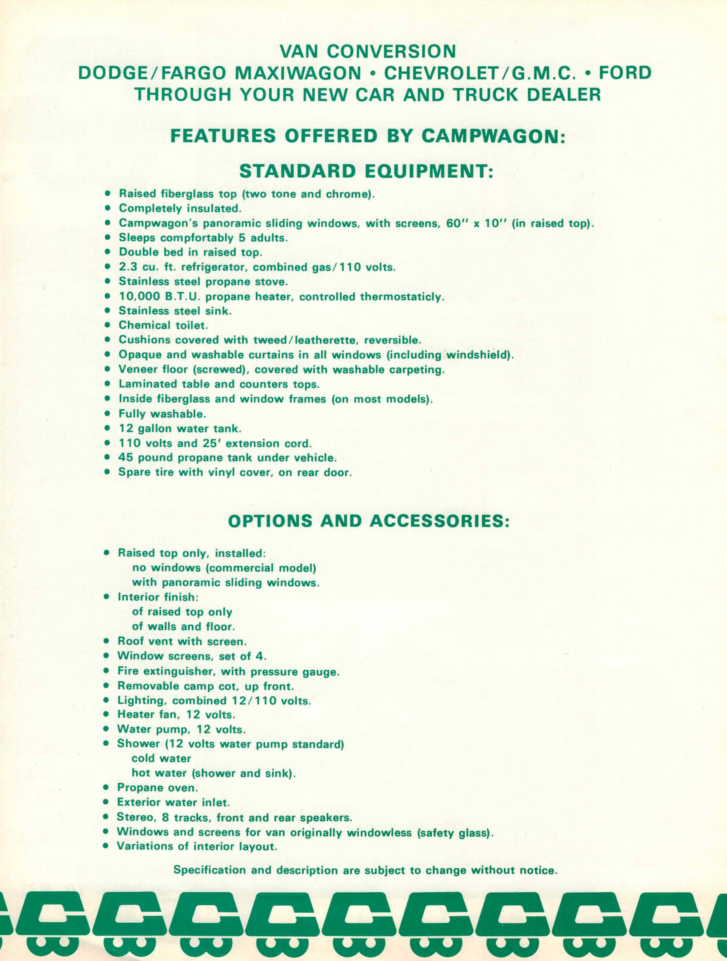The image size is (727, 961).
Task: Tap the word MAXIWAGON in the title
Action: pyautogui.click(x=298, y=73)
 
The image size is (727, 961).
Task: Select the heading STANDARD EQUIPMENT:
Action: pyautogui.click(x=366, y=172)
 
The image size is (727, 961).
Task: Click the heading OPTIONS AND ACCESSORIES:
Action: pyautogui.click(x=368, y=521)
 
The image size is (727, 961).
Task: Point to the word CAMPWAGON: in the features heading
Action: pyautogui.click(x=493, y=136)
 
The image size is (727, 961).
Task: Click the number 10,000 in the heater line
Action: pyautogui.click(x=139, y=297)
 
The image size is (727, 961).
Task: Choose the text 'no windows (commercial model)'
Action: pyautogui.click(x=224, y=568)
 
